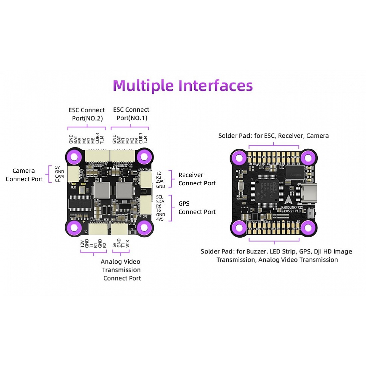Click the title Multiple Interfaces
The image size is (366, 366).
pyautogui.click(x=183, y=86)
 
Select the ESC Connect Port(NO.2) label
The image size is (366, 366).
pyautogui.click(x=87, y=114)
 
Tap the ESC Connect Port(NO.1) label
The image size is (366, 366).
pyautogui.click(x=131, y=114)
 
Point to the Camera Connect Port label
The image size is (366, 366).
pyautogui.click(x=24, y=175)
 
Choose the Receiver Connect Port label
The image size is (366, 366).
pyautogui.click(x=197, y=179)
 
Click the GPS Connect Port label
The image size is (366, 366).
pyautogui.click(x=197, y=208)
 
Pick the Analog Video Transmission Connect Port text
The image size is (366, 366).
pyautogui.click(x=121, y=270)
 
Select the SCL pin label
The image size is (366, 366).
pyautogui.click(x=160, y=197)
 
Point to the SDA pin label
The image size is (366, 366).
pyautogui.click(x=160, y=202)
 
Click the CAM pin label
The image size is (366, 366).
pyautogui.click(x=60, y=176)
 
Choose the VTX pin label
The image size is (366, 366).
pyautogui.click(x=127, y=244)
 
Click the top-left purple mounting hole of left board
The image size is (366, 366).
pyautogui.click(x=75, y=156)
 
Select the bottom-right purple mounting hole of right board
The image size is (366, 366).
pyautogui.click(x=308, y=227)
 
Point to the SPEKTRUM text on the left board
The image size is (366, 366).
pyautogui.click(x=144, y=170)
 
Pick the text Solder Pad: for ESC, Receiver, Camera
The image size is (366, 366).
pyautogui.click(x=274, y=136)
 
